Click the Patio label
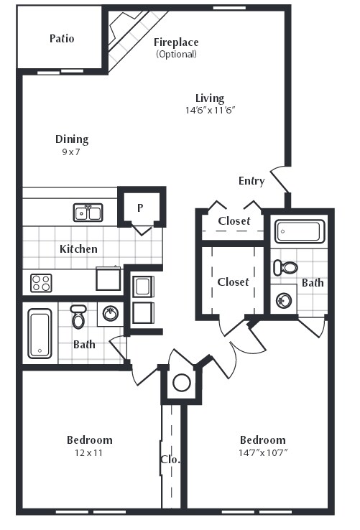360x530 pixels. (x=62, y=38)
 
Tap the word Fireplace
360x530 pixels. (x=176, y=42)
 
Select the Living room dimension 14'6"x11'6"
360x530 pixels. (x=210, y=111)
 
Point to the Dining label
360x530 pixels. (x=72, y=139)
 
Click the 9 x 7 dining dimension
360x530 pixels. (x=72, y=152)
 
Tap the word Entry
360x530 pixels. (x=251, y=181)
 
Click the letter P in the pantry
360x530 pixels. (x=141, y=208)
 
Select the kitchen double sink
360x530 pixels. (x=88, y=212)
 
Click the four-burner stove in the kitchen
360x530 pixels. (x=42, y=282)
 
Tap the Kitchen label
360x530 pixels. (x=78, y=249)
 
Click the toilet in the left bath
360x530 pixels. (x=78, y=316)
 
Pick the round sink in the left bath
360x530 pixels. (x=111, y=313)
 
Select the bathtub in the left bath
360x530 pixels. (x=40, y=333)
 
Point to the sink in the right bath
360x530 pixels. (x=282, y=299)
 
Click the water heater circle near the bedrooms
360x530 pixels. (x=181, y=382)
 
